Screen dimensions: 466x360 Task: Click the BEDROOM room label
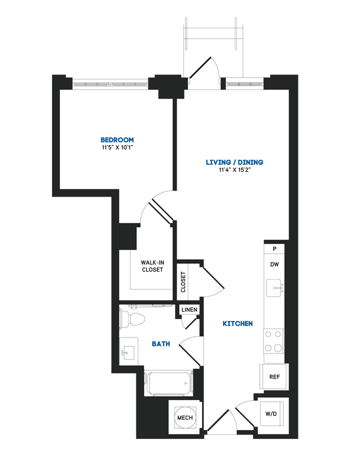click(117, 140)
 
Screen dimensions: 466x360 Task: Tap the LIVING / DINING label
click(234, 162)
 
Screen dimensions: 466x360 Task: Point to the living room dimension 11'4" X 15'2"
click(234, 171)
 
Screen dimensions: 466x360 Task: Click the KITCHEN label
click(238, 324)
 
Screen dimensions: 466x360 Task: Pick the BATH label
click(161, 344)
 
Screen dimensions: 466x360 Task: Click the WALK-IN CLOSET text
click(152, 266)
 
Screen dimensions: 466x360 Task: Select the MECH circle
click(185, 417)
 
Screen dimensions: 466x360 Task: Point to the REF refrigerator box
click(274, 377)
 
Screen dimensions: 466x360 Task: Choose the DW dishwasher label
click(274, 264)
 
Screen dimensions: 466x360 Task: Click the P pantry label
click(274, 249)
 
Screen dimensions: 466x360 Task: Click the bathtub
click(168, 383)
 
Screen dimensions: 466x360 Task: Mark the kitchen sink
click(275, 288)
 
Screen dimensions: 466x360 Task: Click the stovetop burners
click(273, 341)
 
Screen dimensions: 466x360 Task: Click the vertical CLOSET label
click(183, 282)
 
